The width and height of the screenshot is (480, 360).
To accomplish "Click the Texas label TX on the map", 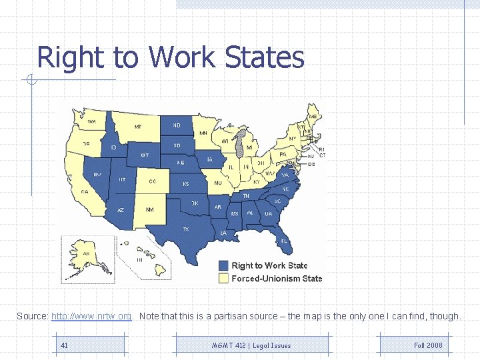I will (186, 229).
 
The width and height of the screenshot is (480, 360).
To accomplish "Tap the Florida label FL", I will (284, 241).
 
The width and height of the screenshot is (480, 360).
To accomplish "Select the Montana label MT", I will (138, 126).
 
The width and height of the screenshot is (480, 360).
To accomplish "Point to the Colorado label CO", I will (153, 181).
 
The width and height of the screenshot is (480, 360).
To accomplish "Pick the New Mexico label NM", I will (149, 210).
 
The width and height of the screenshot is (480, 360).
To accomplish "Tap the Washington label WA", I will (91, 121).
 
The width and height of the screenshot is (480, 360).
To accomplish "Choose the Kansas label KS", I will (186, 183).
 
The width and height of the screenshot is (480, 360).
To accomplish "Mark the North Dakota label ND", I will (177, 125).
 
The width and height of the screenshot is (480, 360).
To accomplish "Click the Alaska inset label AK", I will (86, 253).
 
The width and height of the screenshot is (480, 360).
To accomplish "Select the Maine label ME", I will (313, 116).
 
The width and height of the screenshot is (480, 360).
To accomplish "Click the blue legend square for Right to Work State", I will (224, 265).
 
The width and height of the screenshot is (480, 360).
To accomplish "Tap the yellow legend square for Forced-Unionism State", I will (224, 279).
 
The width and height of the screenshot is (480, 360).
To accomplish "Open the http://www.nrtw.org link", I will (91, 316).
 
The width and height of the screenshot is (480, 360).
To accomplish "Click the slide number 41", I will (64, 345).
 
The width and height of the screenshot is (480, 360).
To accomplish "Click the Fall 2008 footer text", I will (428, 345).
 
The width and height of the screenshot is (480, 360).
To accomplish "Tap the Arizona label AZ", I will (121, 209).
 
